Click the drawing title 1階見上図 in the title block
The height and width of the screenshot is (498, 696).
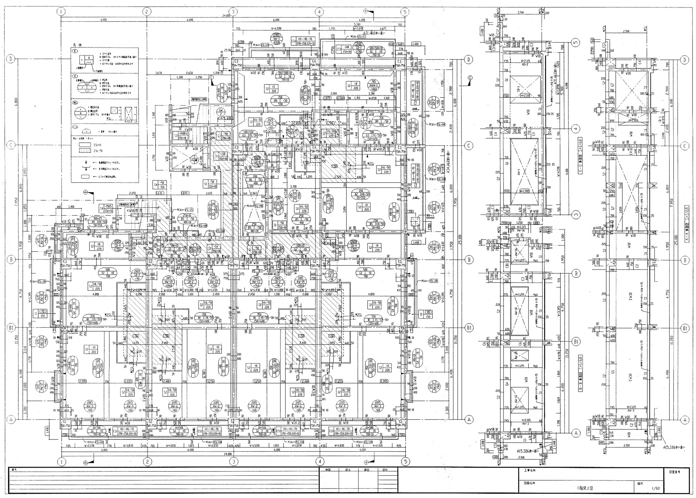pyautogui.click(x=580, y=488)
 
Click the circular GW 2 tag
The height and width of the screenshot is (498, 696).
pyautogui.click(x=220, y=111)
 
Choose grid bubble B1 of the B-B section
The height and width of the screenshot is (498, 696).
pyautogui.click(x=576, y=342)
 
